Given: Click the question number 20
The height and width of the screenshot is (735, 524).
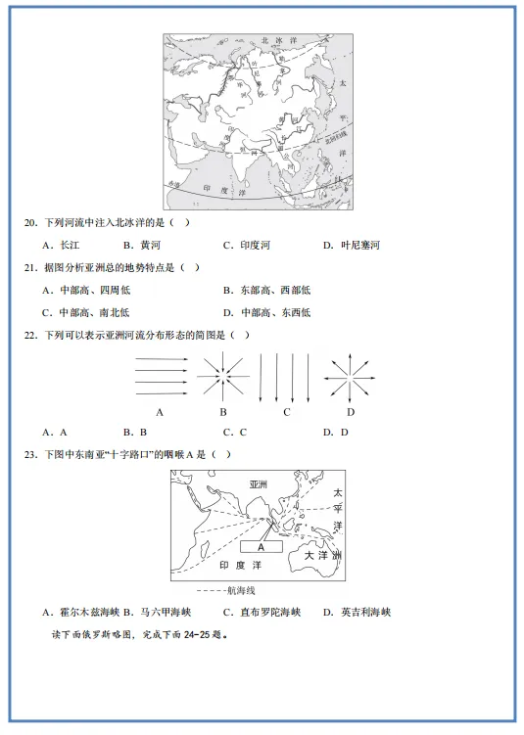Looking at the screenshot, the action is point(30,222).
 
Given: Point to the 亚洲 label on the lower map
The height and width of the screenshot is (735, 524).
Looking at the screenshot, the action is point(259,484).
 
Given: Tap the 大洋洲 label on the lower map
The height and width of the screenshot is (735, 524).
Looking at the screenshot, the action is point(322,555).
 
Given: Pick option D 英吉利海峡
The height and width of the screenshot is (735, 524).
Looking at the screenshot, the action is point(357,613).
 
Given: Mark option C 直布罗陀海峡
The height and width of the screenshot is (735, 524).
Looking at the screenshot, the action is point(257,613).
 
